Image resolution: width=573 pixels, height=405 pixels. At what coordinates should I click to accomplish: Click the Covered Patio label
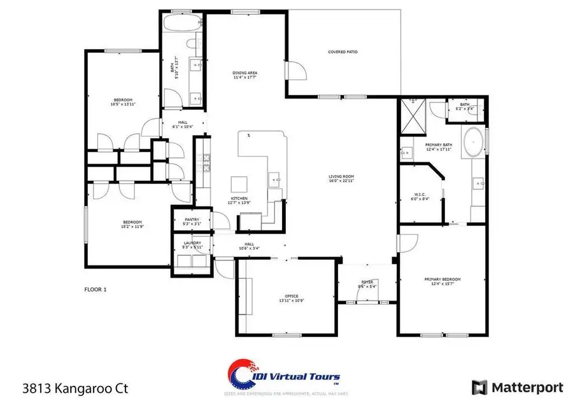pos(342,52)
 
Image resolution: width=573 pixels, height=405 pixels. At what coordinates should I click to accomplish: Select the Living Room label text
pos(341,178)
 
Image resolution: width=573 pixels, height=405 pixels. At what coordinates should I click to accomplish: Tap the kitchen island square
pos(239,185)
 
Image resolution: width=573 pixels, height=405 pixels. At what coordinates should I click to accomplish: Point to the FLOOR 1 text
pos(95,289)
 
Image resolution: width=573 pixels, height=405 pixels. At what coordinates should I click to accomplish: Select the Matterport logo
pos(517,387)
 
